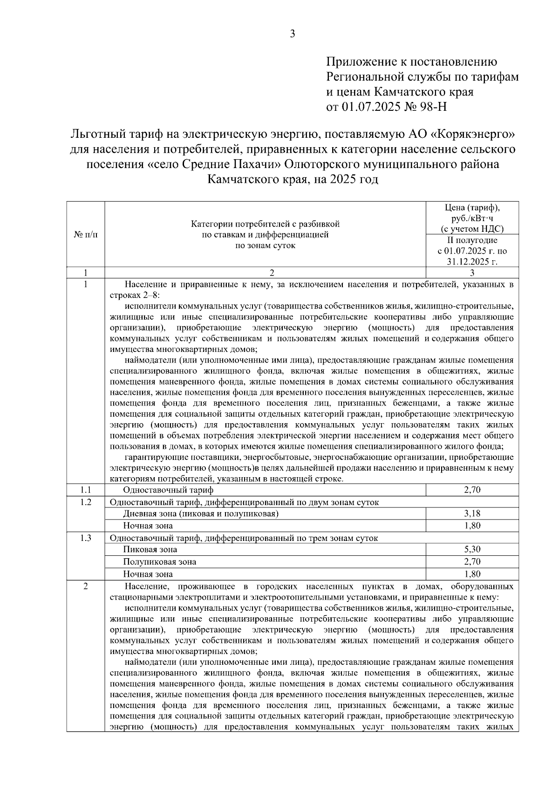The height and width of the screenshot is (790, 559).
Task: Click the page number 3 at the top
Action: click(x=292, y=34)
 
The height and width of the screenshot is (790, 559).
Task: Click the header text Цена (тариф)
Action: click(x=472, y=208)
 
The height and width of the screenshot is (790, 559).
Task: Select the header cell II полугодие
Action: click(x=472, y=240)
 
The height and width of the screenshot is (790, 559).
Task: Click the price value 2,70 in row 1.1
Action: click(x=472, y=490)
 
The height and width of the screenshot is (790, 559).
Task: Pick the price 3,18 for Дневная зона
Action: click(x=472, y=513)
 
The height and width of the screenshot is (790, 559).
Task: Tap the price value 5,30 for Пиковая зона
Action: click(x=472, y=549)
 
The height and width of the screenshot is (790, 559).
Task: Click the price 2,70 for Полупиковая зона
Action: click(x=472, y=561)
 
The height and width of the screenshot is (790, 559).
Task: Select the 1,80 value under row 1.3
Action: click(x=472, y=574)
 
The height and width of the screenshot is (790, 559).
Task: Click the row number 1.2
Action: click(x=86, y=502)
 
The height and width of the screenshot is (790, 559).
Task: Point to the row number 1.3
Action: click(x=86, y=538)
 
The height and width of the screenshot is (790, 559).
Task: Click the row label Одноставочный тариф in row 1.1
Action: click(x=168, y=490)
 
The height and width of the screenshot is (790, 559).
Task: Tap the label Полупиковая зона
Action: click(x=159, y=562)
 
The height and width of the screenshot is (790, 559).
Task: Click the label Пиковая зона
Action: click(x=150, y=550)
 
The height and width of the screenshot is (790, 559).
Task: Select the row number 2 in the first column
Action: click(x=86, y=586)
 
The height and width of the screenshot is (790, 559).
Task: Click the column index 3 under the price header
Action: click(x=472, y=273)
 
